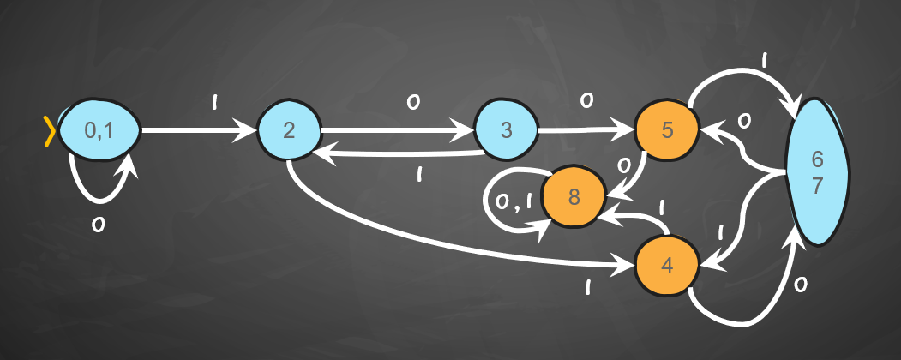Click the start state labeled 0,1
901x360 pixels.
point(98,131)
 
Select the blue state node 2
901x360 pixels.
point(288,131)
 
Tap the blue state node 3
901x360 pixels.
point(505,131)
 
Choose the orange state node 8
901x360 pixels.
point(573,197)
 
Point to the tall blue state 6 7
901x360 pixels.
point(817,172)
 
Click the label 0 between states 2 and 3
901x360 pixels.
point(412,103)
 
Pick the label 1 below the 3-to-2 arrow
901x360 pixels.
point(420,175)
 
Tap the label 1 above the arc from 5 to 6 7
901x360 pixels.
point(762,61)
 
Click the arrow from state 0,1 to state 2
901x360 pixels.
point(197,131)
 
